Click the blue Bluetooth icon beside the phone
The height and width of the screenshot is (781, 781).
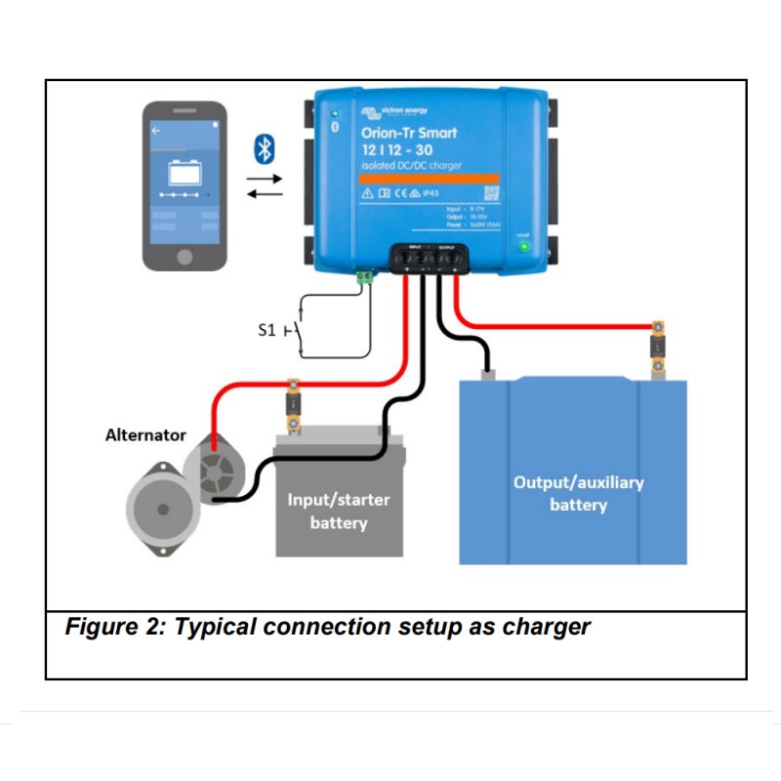pyautogui.click(x=263, y=148)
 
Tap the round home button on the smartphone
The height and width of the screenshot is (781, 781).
pyautogui.click(x=185, y=256)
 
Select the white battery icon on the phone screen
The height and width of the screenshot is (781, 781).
pyautogui.click(x=185, y=173)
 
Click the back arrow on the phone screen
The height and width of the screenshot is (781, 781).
pyautogui.click(x=154, y=128)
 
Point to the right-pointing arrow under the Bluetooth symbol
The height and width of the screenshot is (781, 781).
pyautogui.click(x=264, y=179)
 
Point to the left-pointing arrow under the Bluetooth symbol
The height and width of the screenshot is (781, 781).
pyautogui.click(x=264, y=193)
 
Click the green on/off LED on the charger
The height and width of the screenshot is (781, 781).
pyautogui.click(x=523, y=245)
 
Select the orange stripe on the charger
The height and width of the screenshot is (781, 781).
pyautogui.click(x=417, y=179)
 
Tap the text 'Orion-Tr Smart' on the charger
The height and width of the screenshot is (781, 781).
pyautogui.click(x=408, y=133)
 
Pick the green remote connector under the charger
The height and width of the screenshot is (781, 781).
pyautogui.click(x=366, y=278)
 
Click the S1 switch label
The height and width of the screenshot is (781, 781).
pyautogui.click(x=267, y=331)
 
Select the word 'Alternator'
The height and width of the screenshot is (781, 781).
pyautogui.click(x=145, y=435)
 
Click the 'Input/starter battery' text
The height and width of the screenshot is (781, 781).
pyautogui.click(x=338, y=512)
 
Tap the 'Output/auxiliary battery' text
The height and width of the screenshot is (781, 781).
pyautogui.click(x=578, y=493)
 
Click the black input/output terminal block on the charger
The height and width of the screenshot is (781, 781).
pyautogui.click(x=431, y=258)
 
